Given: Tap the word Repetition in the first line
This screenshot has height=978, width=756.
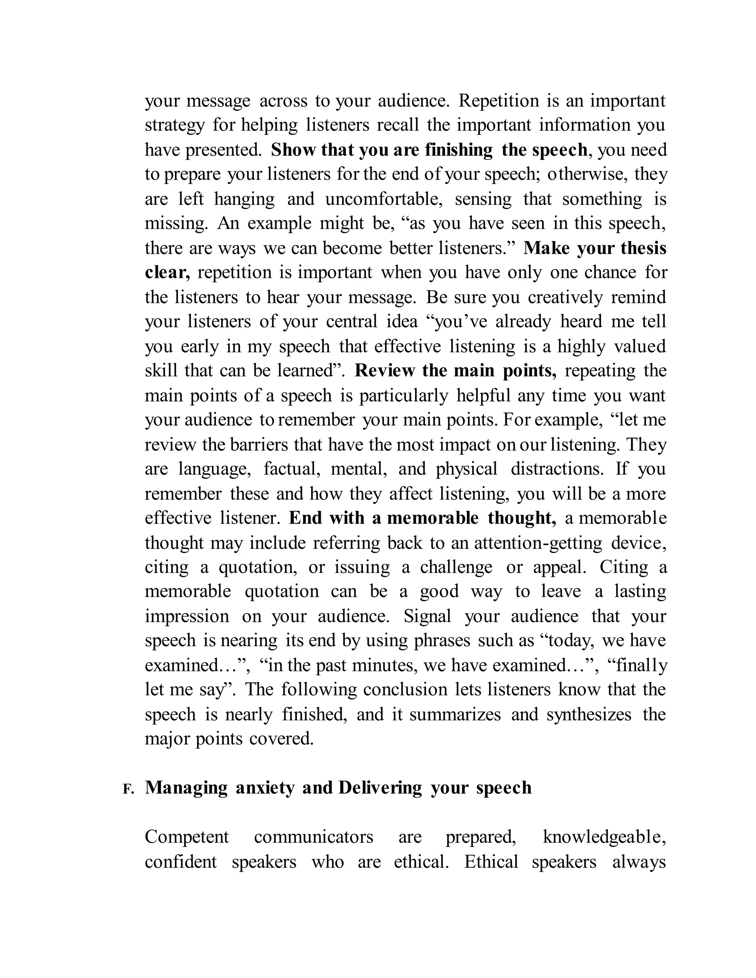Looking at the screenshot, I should click(x=498, y=101).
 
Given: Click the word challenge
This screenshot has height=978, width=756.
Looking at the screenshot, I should click(x=456, y=567).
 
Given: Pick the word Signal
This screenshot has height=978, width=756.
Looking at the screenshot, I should click(x=427, y=616).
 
